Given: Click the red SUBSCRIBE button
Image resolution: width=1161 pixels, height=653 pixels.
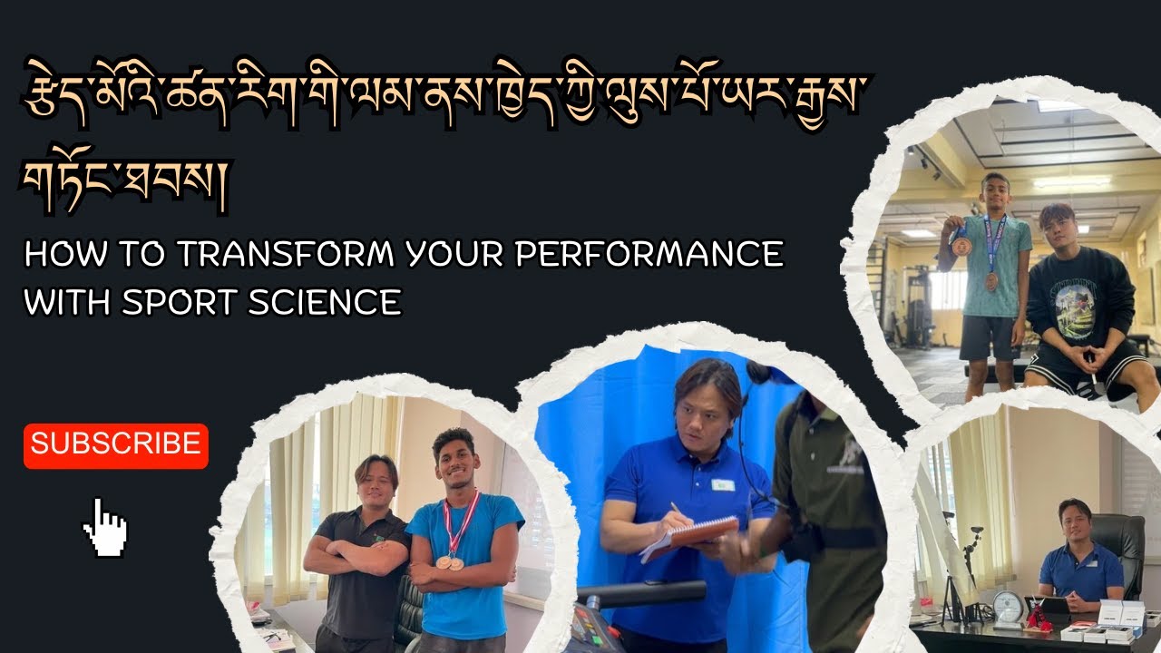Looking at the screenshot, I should click(x=116, y=445).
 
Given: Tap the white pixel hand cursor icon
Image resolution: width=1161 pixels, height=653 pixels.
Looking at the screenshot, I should click(x=106, y=528).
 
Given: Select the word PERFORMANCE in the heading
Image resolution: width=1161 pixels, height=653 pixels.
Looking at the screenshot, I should click(x=649, y=255).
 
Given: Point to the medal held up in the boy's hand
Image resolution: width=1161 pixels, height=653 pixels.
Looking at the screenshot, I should click(x=961, y=247).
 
